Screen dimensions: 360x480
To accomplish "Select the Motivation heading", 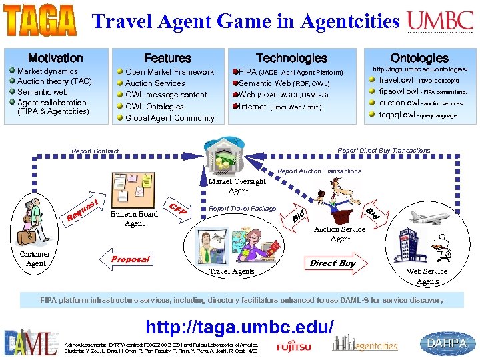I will click(x=55, y=59).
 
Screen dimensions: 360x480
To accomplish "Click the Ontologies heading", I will click(x=419, y=59).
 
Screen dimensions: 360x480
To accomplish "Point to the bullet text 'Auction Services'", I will click(x=155, y=83).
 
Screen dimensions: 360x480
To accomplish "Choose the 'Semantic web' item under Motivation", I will click(x=43, y=92).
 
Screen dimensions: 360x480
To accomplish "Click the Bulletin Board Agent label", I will click(x=135, y=219).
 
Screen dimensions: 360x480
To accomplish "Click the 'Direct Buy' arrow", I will click(x=333, y=263).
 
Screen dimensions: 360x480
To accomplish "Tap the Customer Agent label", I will click(x=35, y=259).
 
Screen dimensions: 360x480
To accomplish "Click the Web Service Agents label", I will click(x=427, y=276).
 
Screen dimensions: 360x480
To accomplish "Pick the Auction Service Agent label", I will click(x=340, y=234).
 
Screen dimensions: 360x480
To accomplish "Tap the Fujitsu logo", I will click(x=295, y=346).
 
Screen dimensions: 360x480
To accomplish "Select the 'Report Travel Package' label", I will click(x=243, y=208).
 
